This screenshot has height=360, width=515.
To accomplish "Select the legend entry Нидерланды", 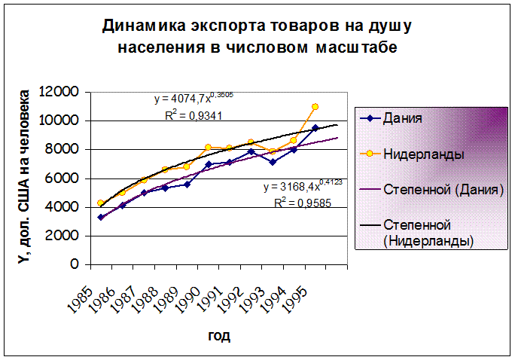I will (x=422, y=153).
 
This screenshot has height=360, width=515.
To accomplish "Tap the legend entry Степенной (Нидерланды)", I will (x=428, y=232).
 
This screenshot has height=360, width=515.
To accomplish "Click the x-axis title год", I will (x=219, y=335).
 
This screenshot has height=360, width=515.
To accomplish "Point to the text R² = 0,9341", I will (x=193, y=115).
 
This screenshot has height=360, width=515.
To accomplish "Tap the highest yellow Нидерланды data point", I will (x=315, y=107).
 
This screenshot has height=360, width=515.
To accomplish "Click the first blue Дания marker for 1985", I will (x=101, y=217).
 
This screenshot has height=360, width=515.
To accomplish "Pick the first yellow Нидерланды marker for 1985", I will (x=101, y=203).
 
